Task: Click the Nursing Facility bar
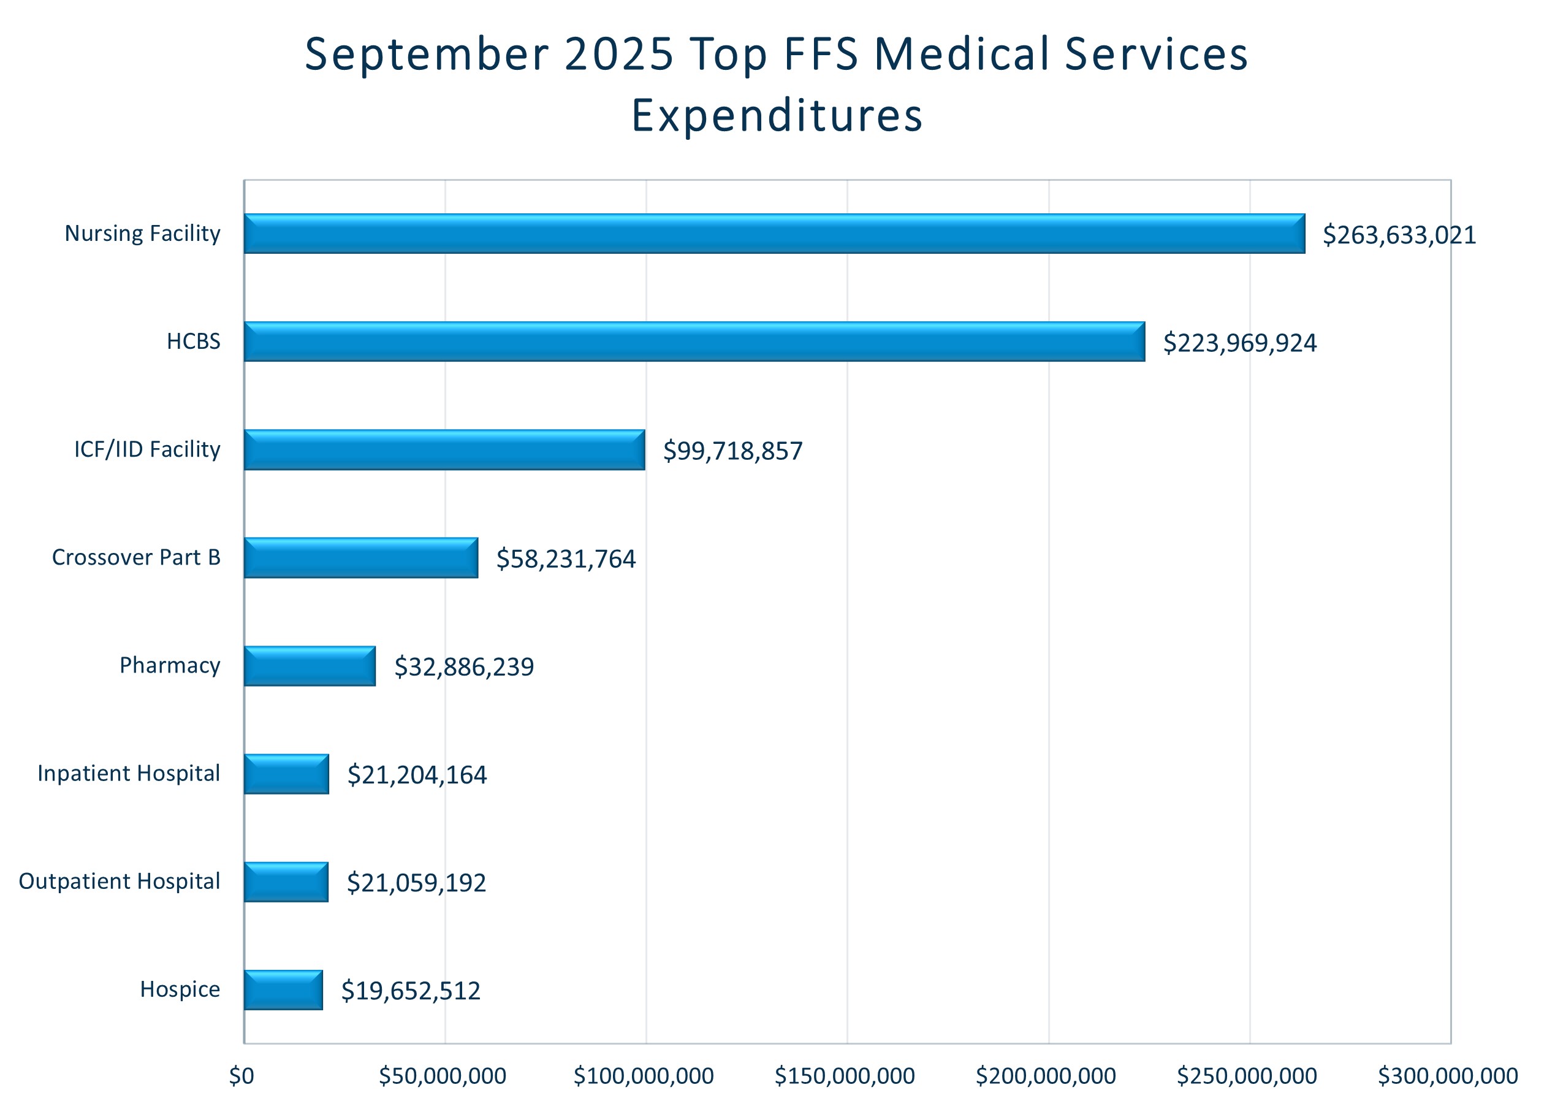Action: point(774,234)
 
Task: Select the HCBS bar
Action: point(694,341)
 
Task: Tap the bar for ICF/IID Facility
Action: point(444,449)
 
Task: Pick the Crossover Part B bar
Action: point(361,557)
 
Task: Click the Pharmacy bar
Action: point(310,666)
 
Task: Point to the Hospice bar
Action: point(283,989)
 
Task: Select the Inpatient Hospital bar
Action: point(287,774)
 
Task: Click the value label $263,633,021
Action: point(1399,235)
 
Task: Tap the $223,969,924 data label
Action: point(1239,343)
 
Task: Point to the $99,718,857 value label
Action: point(732,451)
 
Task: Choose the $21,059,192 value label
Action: point(416,882)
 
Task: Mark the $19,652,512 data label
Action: point(411,990)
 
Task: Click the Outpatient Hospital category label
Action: point(120,881)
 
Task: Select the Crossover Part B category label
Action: point(137,557)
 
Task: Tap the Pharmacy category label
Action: point(170,665)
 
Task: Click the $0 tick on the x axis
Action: point(241,1077)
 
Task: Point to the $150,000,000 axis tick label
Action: point(845,1077)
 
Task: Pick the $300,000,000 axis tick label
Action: point(1448,1077)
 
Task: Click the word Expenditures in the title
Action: point(777,115)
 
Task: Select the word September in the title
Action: point(427,54)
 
